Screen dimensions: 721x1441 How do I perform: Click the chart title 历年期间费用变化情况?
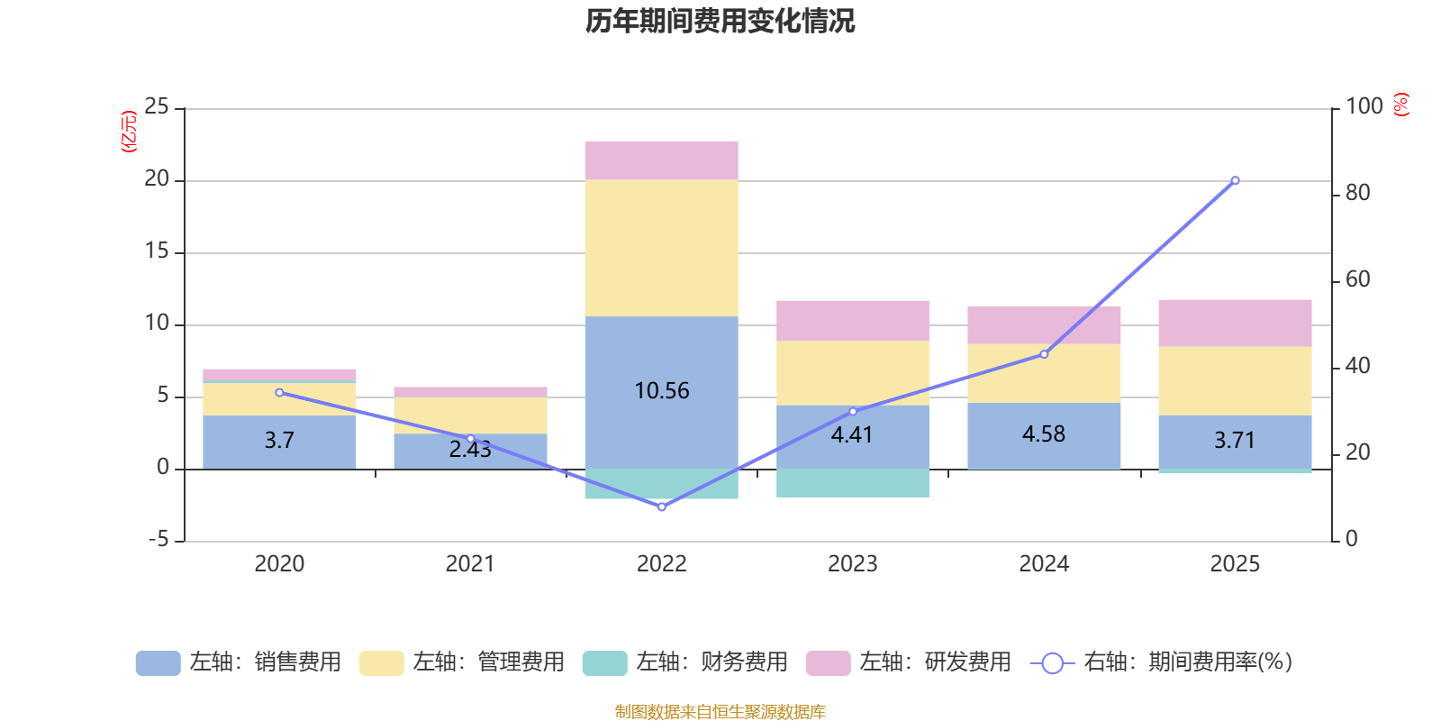tap(720, 21)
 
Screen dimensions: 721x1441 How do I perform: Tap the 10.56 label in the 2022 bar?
tap(661, 391)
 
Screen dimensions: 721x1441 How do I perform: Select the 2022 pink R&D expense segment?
tap(661, 160)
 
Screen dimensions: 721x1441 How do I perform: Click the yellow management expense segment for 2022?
tap(661, 248)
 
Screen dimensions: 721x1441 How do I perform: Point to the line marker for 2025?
tap(1235, 180)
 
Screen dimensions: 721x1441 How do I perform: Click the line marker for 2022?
tap(662, 507)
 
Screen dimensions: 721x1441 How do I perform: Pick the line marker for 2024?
tap(1044, 354)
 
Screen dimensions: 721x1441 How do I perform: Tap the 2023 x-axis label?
tap(852, 564)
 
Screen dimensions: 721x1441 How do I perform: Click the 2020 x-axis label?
tap(279, 564)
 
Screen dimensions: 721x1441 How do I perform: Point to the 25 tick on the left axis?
tap(157, 107)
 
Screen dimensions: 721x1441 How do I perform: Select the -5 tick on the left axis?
tap(157, 540)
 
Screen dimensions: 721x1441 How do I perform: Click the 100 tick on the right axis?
tap(1364, 107)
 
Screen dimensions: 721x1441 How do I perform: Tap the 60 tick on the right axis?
tap(1357, 280)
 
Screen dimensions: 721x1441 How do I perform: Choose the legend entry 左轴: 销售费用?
tap(240, 662)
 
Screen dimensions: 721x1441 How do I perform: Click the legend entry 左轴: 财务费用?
tap(685, 662)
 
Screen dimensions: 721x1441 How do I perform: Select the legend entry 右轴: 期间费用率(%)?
tap(1161, 662)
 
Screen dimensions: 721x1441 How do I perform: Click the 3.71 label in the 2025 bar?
tap(1234, 441)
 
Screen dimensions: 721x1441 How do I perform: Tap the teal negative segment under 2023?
tap(852, 483)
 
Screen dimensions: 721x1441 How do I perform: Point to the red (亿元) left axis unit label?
tap(129, 132)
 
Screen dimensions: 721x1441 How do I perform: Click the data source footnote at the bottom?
tap(720, 712)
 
